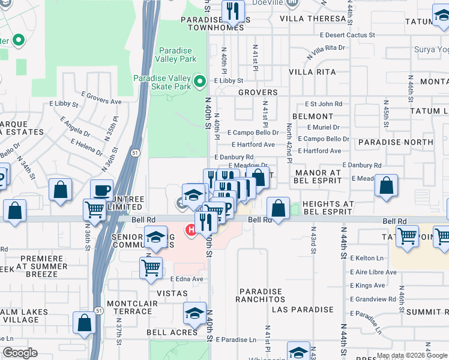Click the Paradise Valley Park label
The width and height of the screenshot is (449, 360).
click(x=176, y=55)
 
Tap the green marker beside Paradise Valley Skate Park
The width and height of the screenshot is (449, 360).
click(x=200, y=80)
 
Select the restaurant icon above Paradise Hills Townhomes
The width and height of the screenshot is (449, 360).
click(x=232, y=10)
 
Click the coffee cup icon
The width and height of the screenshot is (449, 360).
click(x=101, y=190)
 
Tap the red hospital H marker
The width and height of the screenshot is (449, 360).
click(x=191, y=229)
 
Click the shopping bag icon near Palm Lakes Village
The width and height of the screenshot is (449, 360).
click(x=85, y=322)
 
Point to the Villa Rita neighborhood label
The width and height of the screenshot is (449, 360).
click(x=312, y=72)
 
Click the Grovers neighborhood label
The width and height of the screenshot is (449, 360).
click(x=258, y=92)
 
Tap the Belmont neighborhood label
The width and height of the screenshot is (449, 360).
click(x=313, y=116)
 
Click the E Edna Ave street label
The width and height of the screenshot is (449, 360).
click(x=187, y=279)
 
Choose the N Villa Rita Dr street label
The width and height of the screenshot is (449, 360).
click(x=326, y=50)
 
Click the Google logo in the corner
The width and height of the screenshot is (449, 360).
click(x=20, y=353)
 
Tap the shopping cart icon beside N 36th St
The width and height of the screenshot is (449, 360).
click(x=94, y=209)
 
